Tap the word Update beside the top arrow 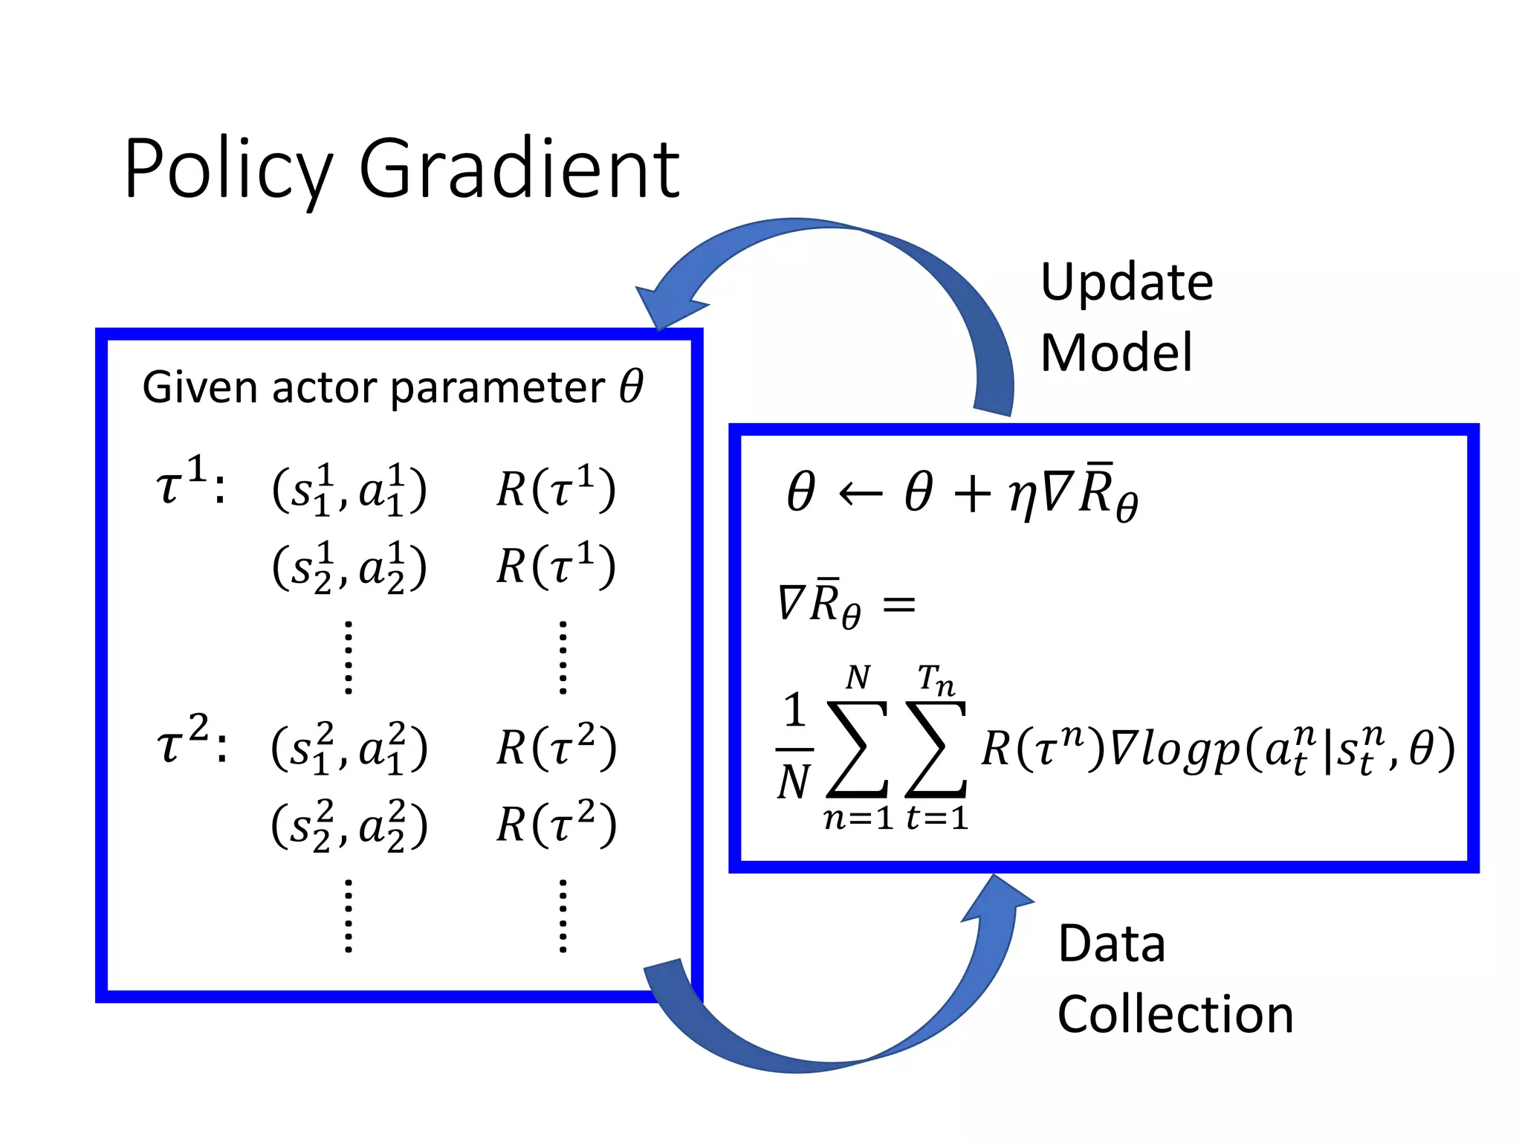pos(1127,283)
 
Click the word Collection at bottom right pos(1175,1014)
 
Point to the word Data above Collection pos(1111,944)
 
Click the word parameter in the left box pos(497,388)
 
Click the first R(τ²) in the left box pos(556,747)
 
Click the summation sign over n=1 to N pos(857,748)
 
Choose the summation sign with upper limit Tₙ pos(936,748)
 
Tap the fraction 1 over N pos(794,746)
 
